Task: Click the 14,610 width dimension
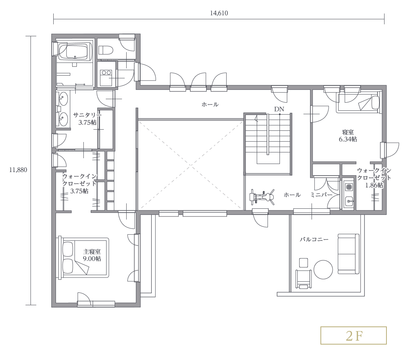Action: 219,13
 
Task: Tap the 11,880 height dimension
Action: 18,170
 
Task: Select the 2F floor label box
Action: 354,335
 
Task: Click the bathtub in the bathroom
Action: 75,51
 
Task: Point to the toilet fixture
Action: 105,50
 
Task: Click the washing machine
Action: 106,78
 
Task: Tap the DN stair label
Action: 279,109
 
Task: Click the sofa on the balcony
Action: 348,254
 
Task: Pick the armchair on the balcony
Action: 303,279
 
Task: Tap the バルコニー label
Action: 314,239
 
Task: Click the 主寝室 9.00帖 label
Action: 92,255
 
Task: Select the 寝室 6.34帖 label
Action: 348,135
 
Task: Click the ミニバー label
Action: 321,195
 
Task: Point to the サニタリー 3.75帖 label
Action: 87,118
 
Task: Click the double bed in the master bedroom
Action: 83,258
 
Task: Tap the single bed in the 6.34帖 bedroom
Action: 358,103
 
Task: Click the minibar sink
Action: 349,201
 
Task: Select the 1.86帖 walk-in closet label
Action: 374,178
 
